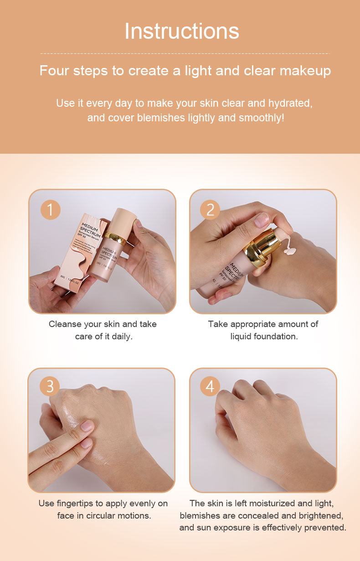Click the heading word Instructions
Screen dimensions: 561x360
coord(181,31)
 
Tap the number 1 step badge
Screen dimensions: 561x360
coord(50,210)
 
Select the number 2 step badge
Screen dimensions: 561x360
coord(210,210)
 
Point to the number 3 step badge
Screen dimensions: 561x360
coord(50,386)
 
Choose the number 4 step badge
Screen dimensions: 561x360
coord(210,386)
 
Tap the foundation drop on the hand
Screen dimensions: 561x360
coord(290,250)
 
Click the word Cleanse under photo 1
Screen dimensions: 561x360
coord(66,324)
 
